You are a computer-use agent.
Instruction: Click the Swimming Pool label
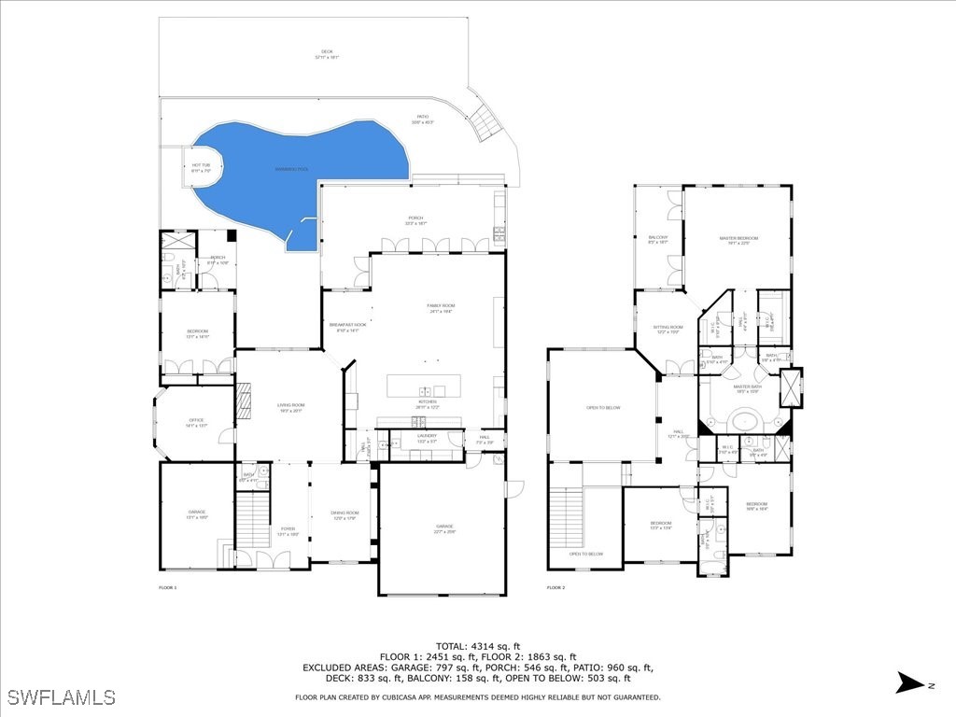pos(291,169)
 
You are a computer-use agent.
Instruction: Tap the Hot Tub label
pos(201,166)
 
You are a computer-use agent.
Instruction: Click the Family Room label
pos(441,307)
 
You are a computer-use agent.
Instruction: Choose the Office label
pos(196,422)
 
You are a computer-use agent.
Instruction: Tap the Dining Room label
pos(344,514)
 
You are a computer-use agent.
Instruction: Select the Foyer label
pos(288,531)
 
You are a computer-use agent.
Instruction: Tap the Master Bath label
pos(748,387)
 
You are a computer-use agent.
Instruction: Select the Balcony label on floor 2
pos(658,239)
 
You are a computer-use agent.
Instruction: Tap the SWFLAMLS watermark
pos(61,697)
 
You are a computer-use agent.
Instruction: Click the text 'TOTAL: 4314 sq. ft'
pos(478,646)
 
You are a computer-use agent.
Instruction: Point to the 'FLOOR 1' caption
pos(167,587)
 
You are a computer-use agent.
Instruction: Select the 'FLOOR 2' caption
pos(555,587)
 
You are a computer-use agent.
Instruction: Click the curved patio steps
pos(485,121)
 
